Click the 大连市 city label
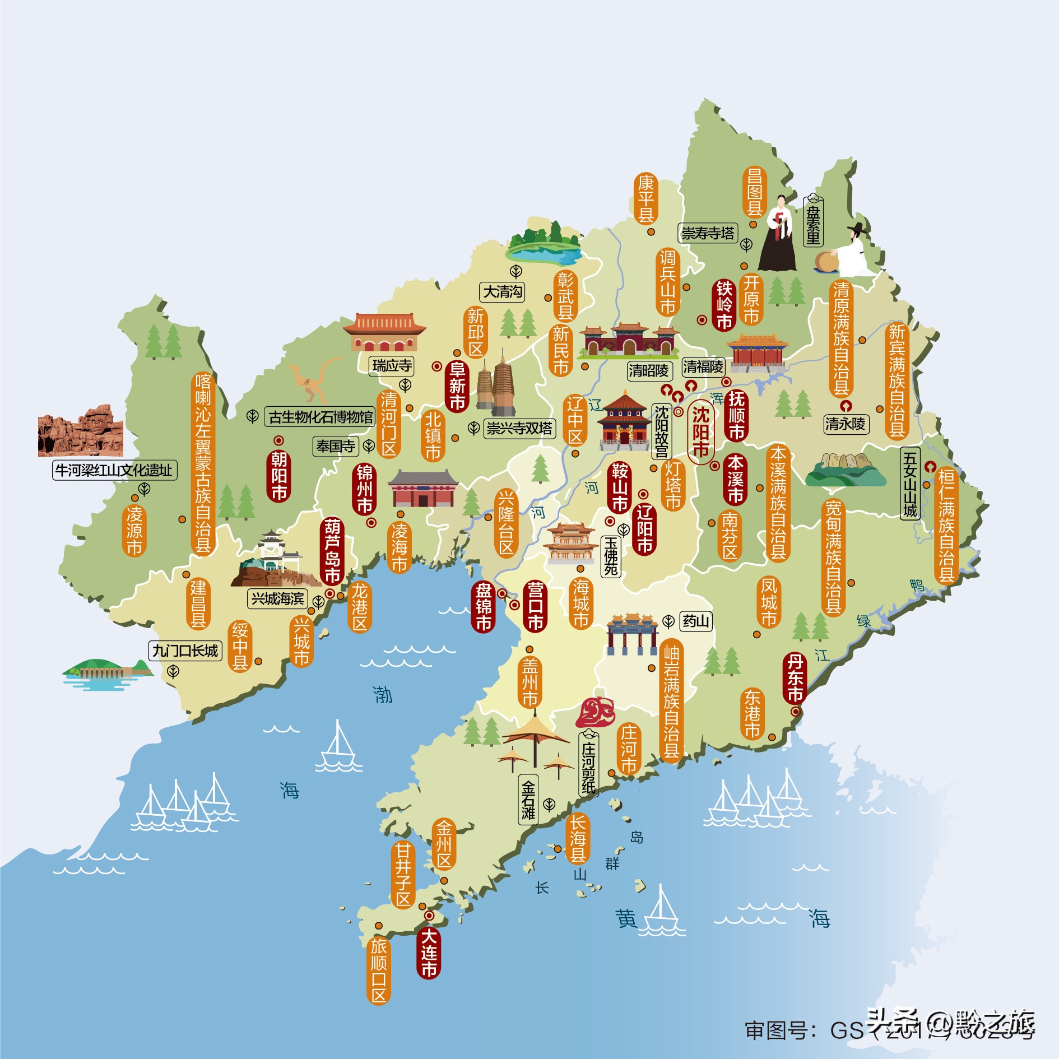coord(429,953)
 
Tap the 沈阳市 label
coord(700,431)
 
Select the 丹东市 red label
coord(795,677)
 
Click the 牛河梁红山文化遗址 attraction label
coord(114,470)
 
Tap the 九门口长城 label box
coord(185,651)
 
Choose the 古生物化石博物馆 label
coord(320,417)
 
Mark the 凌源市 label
coord(134,530)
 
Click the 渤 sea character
coord(383,695)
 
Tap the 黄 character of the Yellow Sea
coord(626,918)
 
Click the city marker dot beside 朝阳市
coord(278,441)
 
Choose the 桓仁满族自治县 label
coord(946,526)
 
